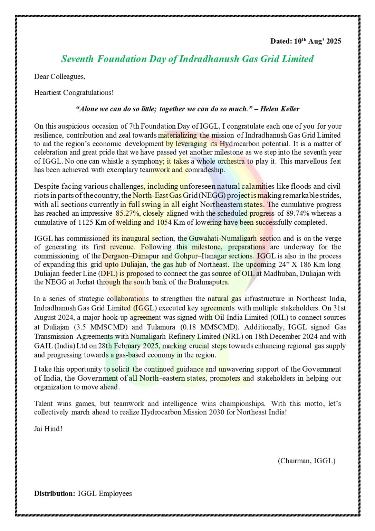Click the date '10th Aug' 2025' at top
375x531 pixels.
coord(317,41)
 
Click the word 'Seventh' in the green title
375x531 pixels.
coord(77,59)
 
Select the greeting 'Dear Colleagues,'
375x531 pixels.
coord(60,76)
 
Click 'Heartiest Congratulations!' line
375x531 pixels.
coord(74,93)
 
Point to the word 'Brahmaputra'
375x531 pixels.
coord(208,282)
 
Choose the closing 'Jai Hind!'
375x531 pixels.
coord(48,429)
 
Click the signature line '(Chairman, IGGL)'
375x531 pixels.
coord(306,461)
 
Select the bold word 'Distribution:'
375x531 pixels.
coord(54,494)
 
